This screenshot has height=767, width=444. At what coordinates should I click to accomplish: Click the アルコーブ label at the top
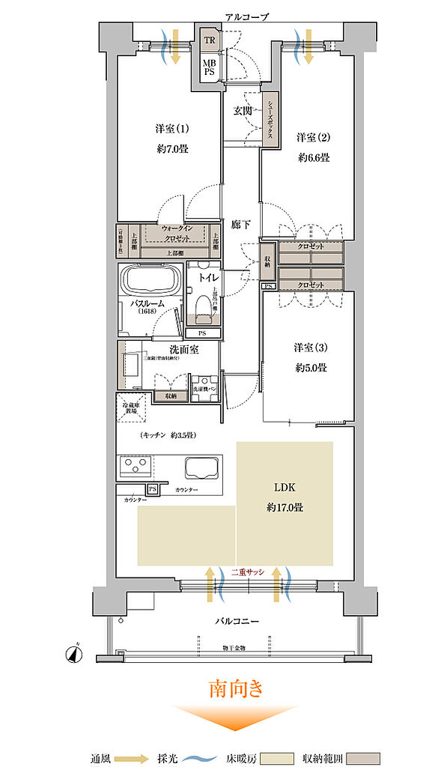(x=246, y=16)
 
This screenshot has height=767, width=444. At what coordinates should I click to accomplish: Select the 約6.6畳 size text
(x=312, y=158)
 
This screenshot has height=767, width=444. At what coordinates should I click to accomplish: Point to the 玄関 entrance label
(x=242, y=110)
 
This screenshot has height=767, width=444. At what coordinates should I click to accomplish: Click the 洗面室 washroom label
(x=183, y=349)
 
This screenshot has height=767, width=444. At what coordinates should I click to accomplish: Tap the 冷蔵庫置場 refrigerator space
(x=130, y=407)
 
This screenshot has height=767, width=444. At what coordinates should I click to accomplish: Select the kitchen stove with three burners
(x=135, y=467)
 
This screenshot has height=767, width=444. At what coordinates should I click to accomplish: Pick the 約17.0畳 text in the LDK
(x=285, y=507)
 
